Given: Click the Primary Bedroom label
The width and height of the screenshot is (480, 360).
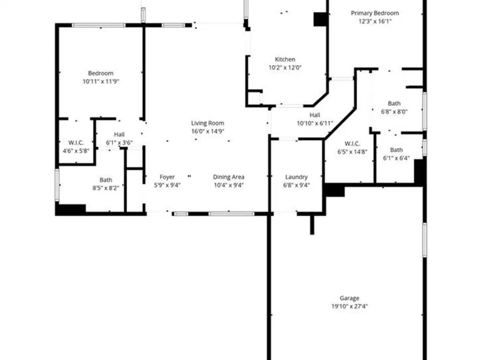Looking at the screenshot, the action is (375, 13).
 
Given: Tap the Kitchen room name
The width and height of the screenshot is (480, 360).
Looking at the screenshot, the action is (285, 60).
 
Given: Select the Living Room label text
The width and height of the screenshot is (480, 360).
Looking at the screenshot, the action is (207, 123).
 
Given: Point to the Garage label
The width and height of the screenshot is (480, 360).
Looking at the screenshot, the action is (349, 298).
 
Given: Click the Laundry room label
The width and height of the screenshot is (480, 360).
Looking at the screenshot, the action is (296, 177).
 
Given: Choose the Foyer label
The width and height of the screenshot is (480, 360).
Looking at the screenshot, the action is (167, 177).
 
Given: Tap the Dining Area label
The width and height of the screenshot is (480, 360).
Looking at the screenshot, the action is (228, 177).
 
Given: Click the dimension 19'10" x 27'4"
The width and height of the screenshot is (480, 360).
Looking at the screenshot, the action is (349, 306).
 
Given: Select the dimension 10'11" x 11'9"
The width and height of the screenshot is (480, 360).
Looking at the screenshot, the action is (101, 82).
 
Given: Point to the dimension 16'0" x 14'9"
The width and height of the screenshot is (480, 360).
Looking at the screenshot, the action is (208, 132).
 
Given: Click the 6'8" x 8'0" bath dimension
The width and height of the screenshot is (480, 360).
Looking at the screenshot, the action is (394, 112).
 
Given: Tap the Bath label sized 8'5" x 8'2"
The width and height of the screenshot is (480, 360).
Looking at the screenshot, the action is (106, 180).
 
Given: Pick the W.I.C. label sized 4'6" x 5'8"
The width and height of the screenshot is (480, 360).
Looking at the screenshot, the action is (76, 143).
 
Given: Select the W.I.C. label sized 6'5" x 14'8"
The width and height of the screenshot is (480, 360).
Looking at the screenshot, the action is (352, 144).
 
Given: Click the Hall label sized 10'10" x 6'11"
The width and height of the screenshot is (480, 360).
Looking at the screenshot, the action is (315, 115).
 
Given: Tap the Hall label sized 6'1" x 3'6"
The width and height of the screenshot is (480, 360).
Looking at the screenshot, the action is (120, 134).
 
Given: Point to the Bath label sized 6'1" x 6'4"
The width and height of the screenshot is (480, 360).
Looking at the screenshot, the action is (396, 150).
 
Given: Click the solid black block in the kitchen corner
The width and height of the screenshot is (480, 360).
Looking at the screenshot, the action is (321, 19).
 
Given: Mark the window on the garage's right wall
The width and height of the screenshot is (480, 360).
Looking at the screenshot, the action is (425, 240).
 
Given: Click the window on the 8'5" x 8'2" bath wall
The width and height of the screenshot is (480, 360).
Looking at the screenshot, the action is (57, 185).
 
